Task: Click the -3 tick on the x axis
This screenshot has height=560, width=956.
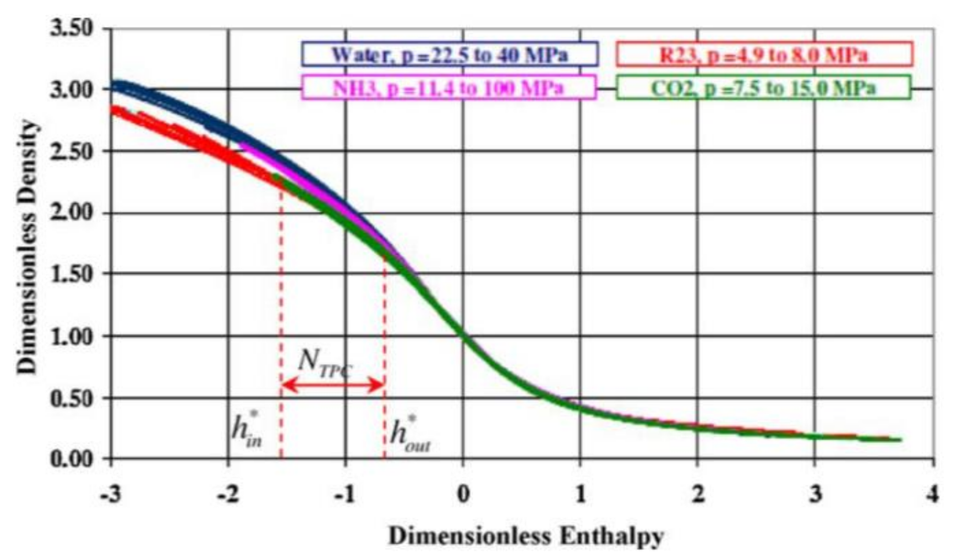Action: tap(110, 494)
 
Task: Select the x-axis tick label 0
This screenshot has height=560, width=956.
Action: tap(463, 494)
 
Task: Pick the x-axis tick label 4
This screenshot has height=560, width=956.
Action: tap(932, 494)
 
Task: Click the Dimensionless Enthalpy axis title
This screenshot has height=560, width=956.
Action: tap(525, 537)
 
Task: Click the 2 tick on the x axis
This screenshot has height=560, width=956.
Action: tap(697, 494)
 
